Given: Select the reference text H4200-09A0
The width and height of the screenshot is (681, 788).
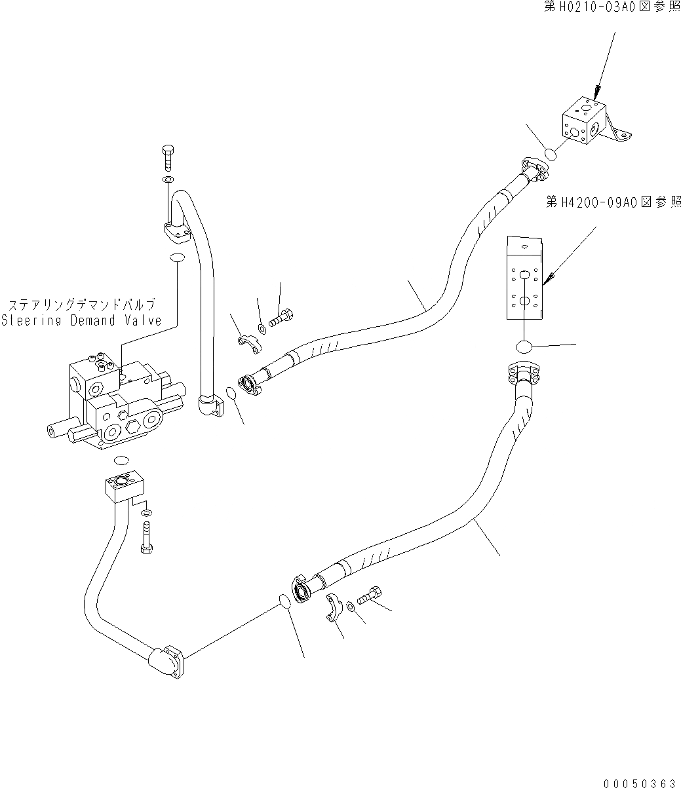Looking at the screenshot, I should [x=612, y=203].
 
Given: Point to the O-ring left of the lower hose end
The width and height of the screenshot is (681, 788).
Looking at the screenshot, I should [x=283, y=601].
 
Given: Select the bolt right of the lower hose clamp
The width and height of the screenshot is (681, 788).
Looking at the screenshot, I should [x=370, y=596].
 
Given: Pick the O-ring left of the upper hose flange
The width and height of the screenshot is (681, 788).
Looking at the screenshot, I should [x=230, y=393].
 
